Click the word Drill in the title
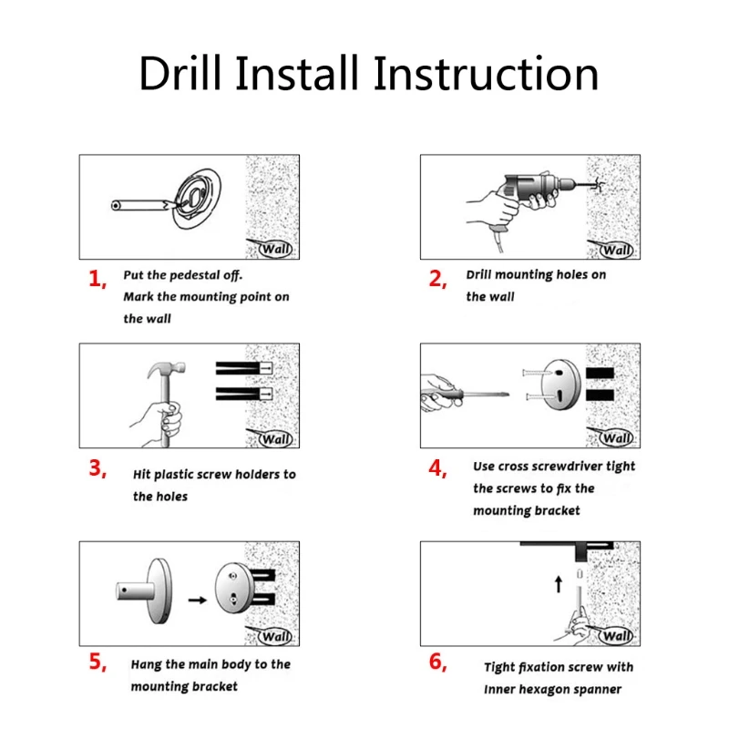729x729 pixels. point(180,73)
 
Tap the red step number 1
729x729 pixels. point(97,279)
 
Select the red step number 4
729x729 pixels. point(437,468)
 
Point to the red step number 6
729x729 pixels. point(437,662)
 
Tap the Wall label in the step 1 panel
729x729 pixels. point(276,249)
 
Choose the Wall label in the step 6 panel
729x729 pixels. point(617,635)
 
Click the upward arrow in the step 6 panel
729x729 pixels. point(559,584)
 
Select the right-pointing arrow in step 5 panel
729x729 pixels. point(197,600)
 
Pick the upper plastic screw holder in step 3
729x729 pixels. point(243,368)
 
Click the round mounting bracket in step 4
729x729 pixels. point(561,385)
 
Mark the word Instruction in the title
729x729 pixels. point(486,73)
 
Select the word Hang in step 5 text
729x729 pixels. point(147,664)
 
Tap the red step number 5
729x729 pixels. point(98,662)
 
